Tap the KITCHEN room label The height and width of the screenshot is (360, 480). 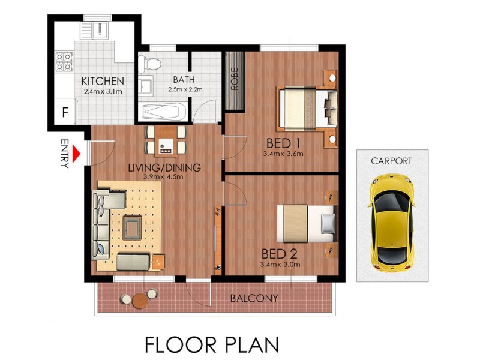coord(103,82)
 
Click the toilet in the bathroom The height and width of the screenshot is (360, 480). coord(150,62)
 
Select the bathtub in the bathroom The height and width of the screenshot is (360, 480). coord(164,112)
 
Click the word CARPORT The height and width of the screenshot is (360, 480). coord(391,161)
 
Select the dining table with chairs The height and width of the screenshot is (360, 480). coord(166,140)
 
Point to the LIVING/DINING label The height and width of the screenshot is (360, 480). coord(164,167)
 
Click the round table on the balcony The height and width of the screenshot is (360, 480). coord(140,299)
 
